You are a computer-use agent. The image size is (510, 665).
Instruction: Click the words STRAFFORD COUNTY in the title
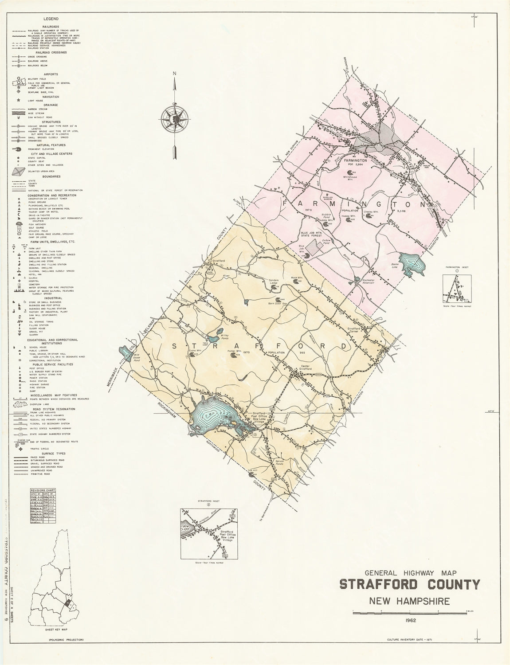pos(409,584)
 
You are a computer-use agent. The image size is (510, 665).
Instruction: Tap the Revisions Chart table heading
pos(43,491)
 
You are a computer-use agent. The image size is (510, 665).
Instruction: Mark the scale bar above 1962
pos(409,612)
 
